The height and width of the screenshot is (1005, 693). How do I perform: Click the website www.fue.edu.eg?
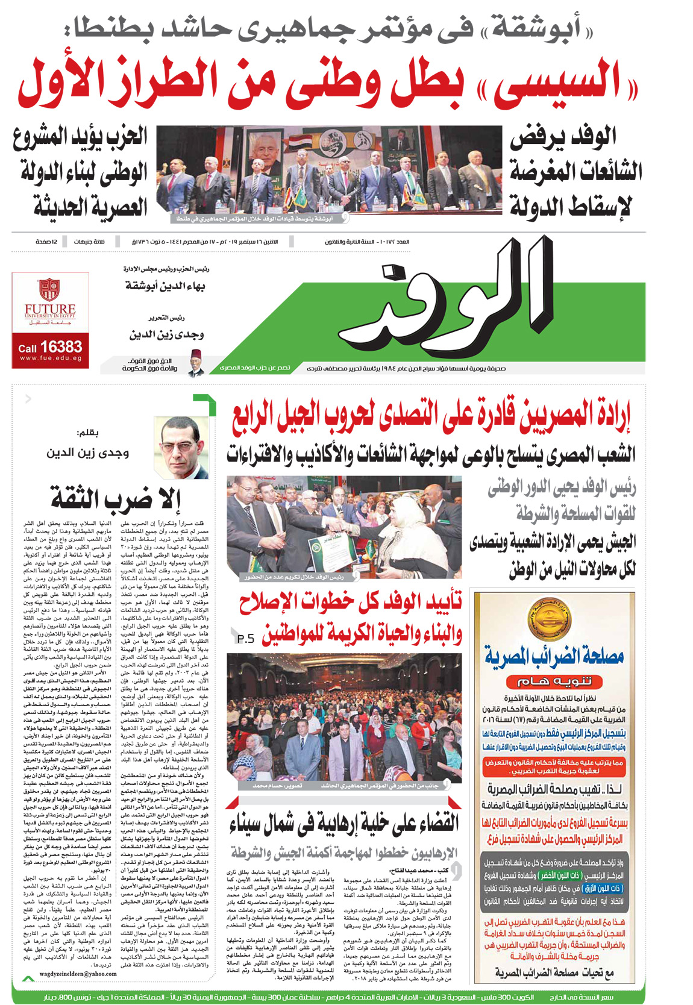tap(51, 358)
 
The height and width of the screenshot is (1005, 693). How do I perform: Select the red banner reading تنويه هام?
tap(553, 682)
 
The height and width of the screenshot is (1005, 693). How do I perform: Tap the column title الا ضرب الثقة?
tap(116, 499)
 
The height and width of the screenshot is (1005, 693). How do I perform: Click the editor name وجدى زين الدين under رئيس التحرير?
tap(166, 334)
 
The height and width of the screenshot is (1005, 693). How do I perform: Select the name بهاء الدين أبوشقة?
tap(165, 285)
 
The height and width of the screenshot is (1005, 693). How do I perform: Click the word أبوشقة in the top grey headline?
tap(536, 26)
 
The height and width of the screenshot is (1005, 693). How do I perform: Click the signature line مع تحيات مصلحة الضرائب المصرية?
tap(554, 972)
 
